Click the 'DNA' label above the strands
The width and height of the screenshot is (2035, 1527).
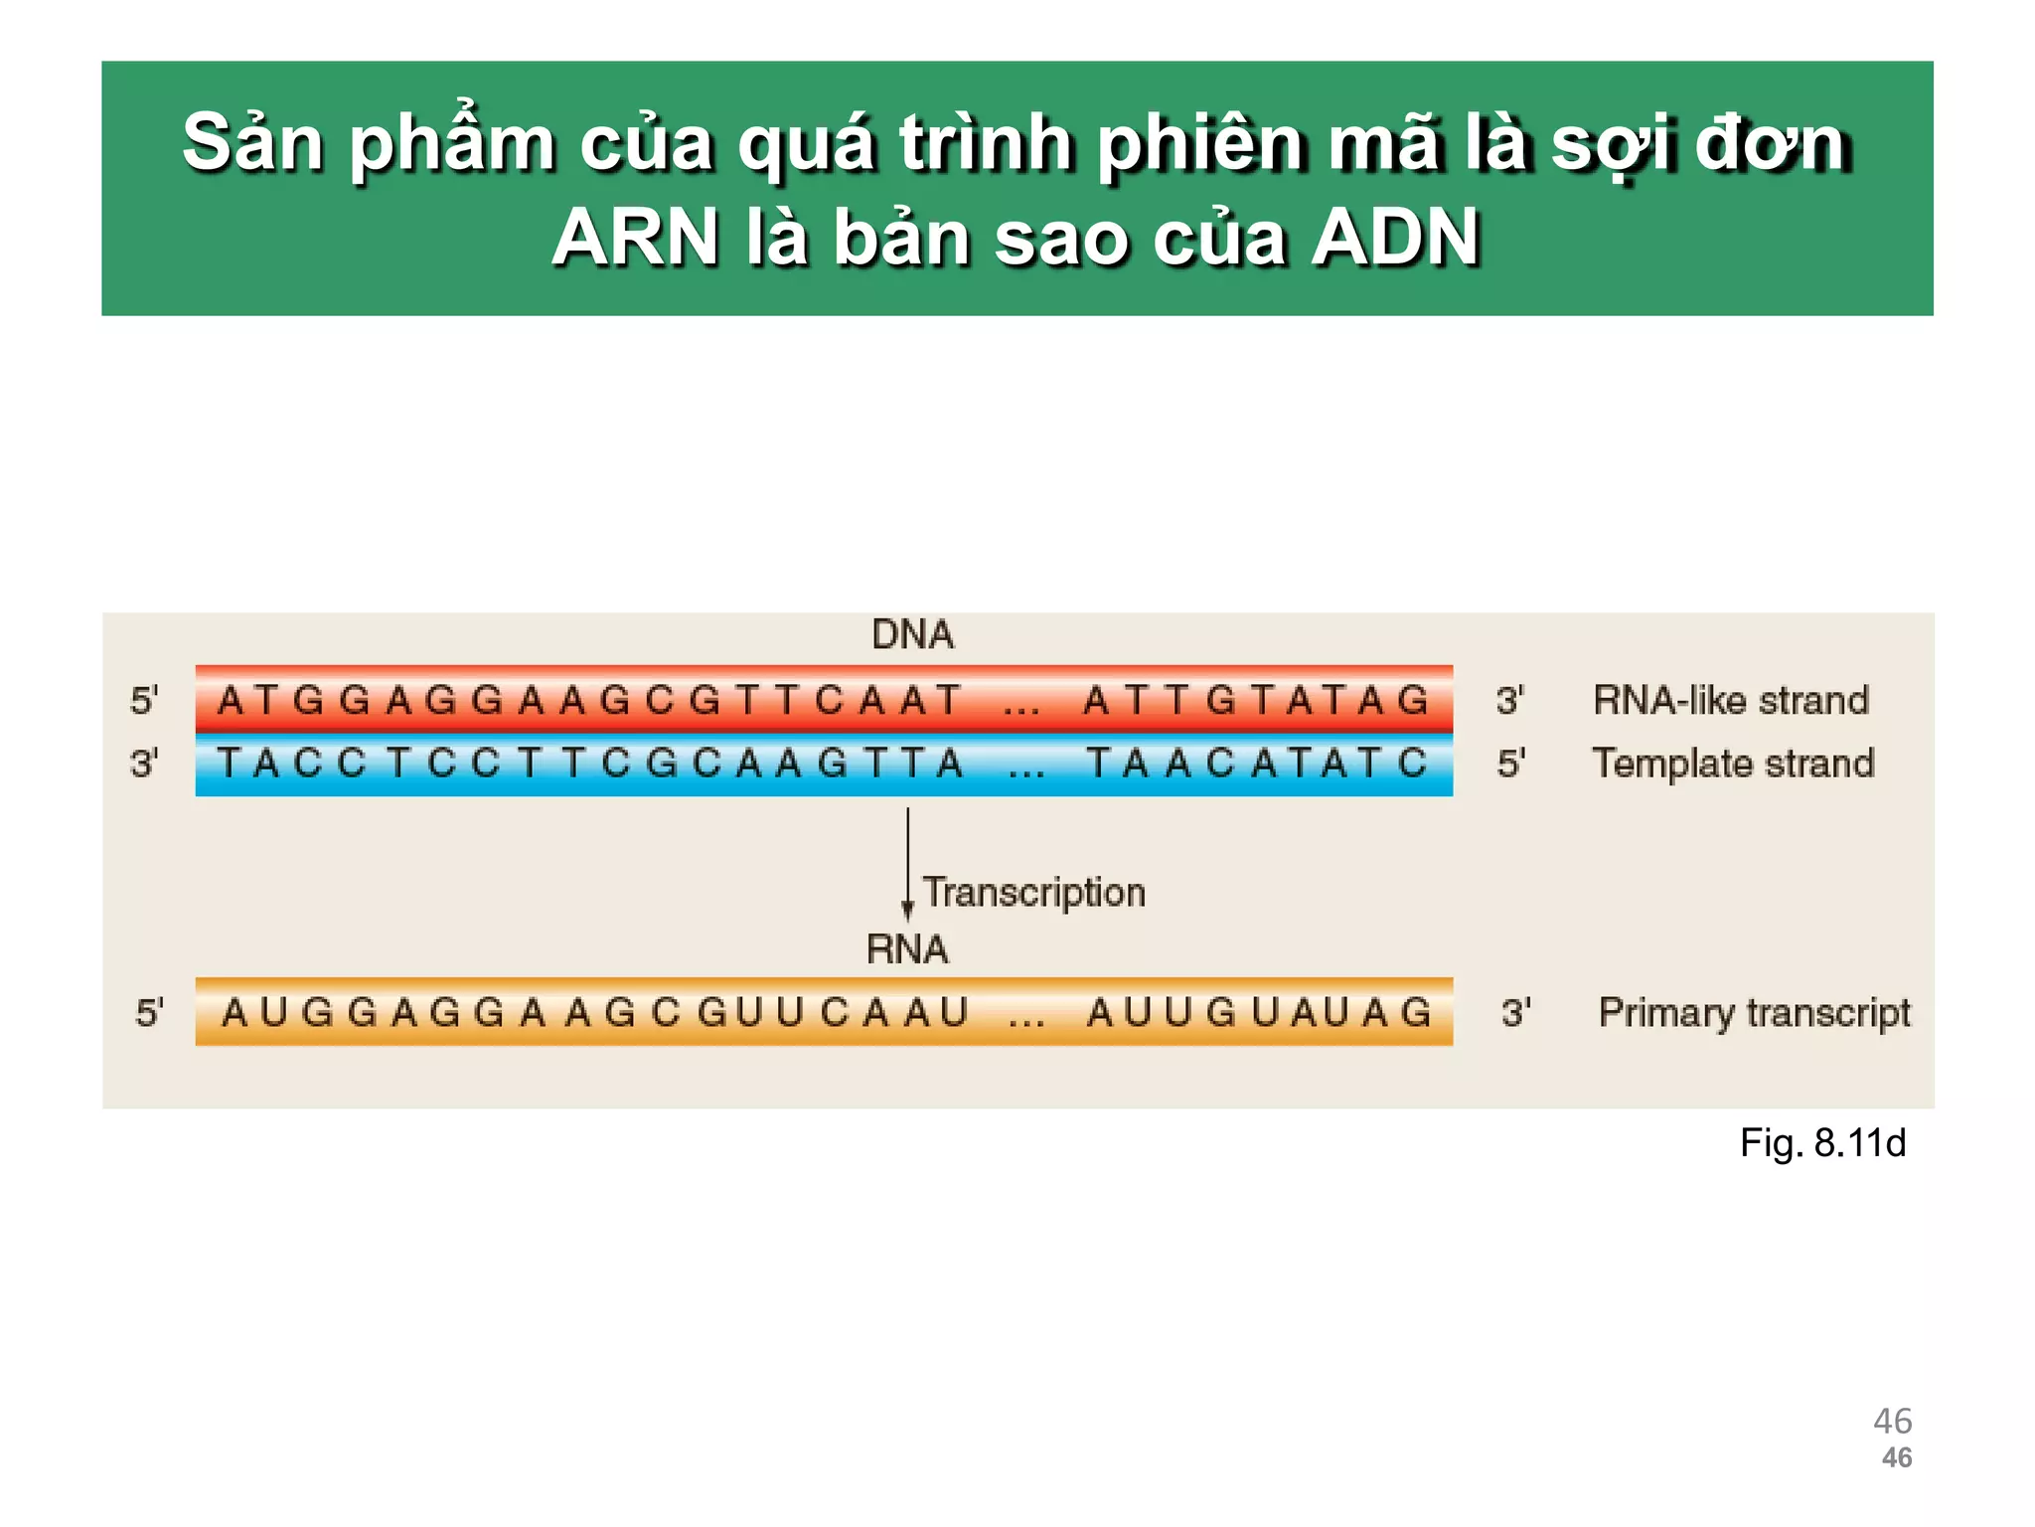tap(912, 634)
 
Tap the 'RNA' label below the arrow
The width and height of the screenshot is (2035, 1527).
tap(907, 949)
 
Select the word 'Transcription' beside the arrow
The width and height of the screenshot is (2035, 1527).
tap(1033, 892)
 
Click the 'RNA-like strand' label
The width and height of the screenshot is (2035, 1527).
tap(1730, 700)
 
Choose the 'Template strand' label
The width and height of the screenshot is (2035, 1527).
tap(1733, 763)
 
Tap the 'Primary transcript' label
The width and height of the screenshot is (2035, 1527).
tap(1754, 1012)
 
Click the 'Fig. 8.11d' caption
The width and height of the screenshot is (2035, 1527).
tap(1821, 1143)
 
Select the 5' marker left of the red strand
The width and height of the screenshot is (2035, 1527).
tap(144, 700)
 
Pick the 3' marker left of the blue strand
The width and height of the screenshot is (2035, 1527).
tap(144, 763)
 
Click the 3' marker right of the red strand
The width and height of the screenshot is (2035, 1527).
tap(1509, 700)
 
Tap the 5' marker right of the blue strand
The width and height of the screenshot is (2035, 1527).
tap(1510, 763)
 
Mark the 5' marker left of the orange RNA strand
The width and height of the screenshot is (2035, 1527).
tap(149, 1013)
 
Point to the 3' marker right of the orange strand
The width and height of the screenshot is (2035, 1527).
tap(1515, 1013)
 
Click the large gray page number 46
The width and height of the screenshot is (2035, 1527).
tap(1892, 1421)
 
